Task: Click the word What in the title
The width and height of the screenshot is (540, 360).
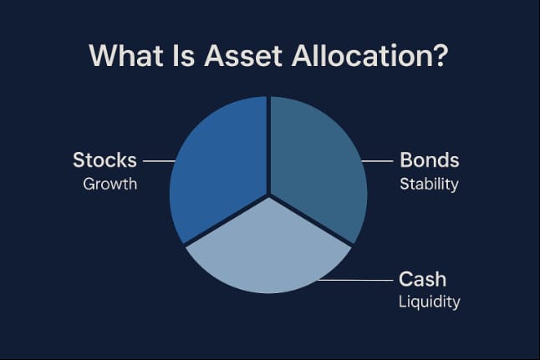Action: [126, 55]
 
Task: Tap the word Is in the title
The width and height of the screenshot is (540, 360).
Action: [184, 55]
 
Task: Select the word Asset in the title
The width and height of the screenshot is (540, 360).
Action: [243, 55]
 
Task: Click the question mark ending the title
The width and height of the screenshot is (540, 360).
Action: [438, 55]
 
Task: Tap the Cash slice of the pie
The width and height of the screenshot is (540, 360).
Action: [268, 255]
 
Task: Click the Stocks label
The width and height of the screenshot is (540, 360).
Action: [104, 160]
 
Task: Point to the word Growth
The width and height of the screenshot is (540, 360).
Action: [110, 185]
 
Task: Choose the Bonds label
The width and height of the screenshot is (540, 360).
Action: [430, 160]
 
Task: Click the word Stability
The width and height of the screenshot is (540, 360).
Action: [429, 185]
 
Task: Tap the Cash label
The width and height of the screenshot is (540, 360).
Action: [423, 279]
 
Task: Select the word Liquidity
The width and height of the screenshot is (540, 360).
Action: [430, 302]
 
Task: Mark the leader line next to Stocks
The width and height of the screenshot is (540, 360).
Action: [159, 160]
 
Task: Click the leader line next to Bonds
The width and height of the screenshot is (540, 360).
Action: [377, 160]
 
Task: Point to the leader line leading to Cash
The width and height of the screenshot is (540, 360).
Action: [355, 280]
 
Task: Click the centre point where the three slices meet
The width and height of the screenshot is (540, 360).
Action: [268, 196]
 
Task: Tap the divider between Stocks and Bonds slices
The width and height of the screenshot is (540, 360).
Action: [268, 145]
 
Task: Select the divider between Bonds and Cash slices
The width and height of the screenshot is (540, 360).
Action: [311, 221]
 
